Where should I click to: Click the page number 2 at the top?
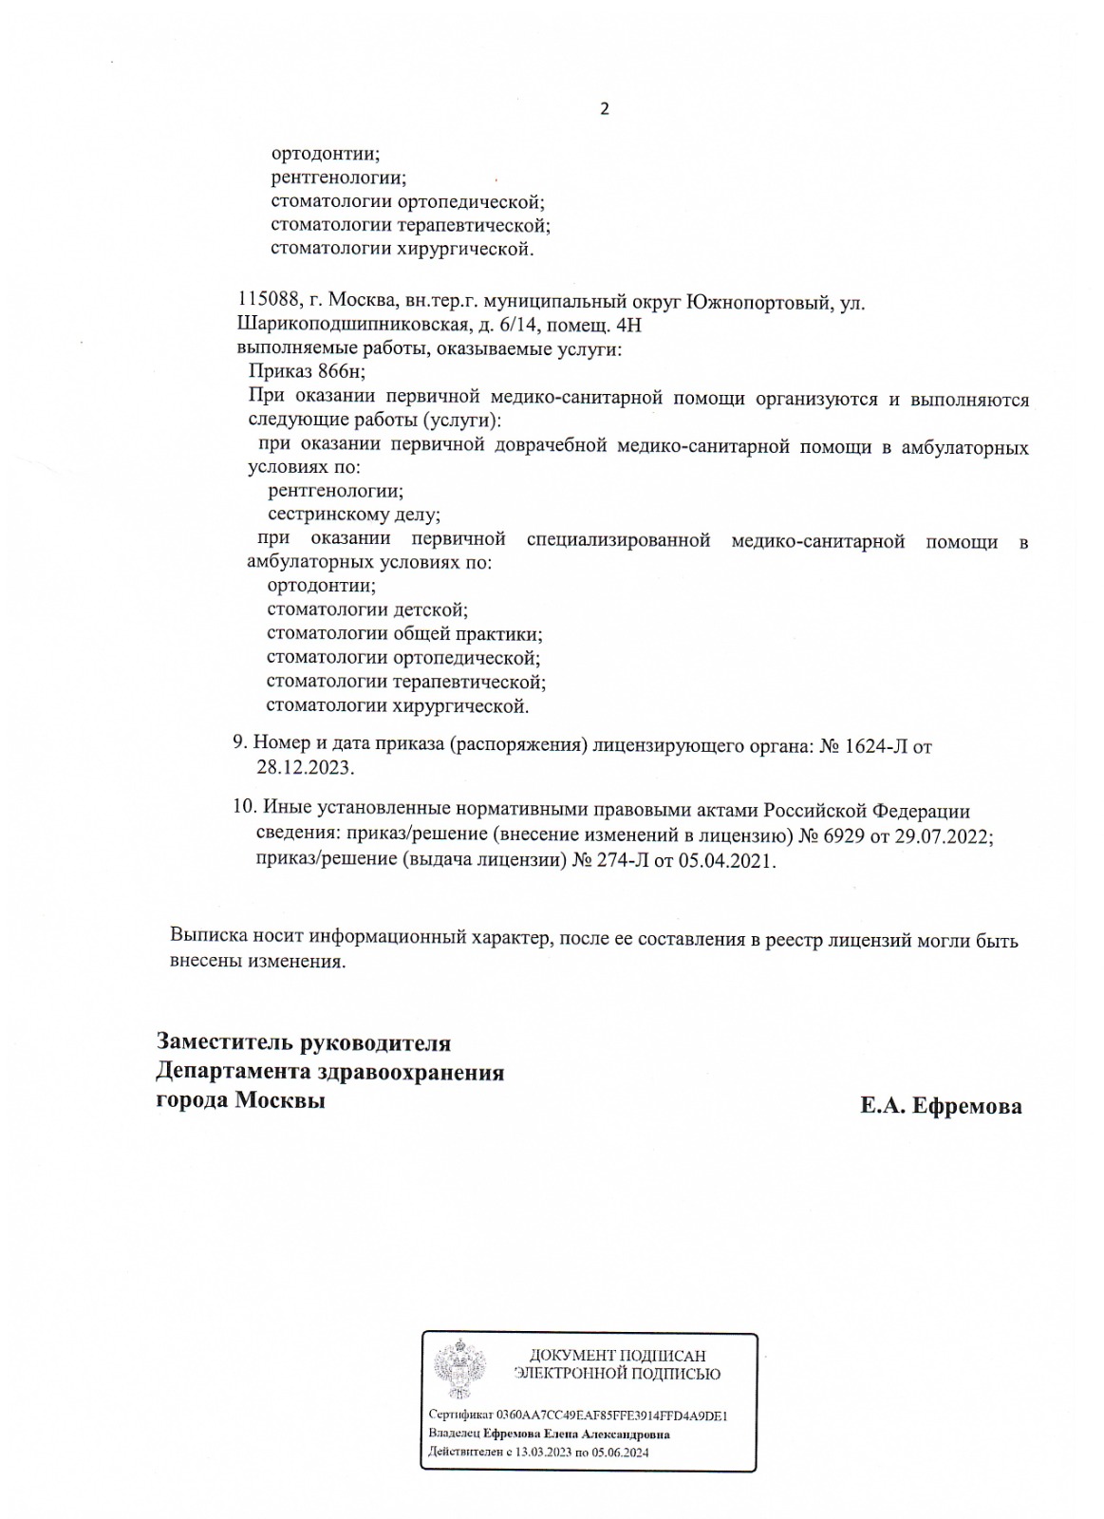coord(604,108)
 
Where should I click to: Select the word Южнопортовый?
coord(769,303)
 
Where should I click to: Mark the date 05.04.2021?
coord(727,861)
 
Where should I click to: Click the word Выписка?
coord(210,940)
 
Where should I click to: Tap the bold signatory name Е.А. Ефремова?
coord(941,1106)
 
